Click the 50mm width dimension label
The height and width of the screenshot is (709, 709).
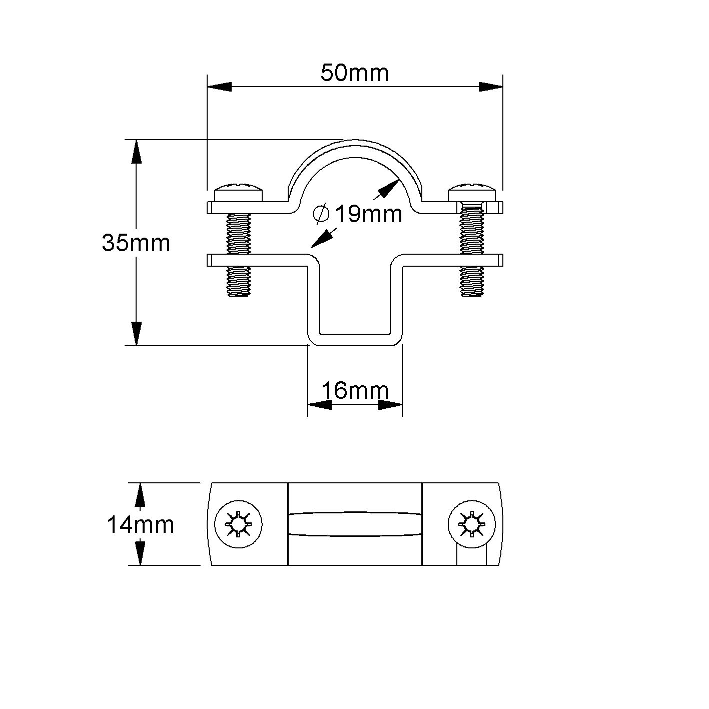click(x=354, y=73)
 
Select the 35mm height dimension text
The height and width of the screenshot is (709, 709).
click(x=136, y=243)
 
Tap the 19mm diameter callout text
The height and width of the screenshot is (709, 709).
click(x=368, y=215)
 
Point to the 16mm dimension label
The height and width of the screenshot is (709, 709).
click(x=355, y=390)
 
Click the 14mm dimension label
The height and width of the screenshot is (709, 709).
click(x=140, y=525)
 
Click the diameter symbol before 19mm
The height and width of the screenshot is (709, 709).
click(x=321, y=214)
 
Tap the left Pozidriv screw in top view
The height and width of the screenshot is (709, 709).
click(x=238, y=524)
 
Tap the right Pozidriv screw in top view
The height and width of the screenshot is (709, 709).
click(x=471, y=524)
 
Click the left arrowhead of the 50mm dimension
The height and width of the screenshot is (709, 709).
click(x=219, y=87)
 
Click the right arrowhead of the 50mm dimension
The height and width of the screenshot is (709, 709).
click(x=490, y=87)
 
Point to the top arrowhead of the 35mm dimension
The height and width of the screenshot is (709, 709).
click(x=136, y=151)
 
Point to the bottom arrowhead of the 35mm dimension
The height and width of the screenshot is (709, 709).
click(x=136, y=333)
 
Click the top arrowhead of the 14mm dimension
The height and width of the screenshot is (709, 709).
click(x=141, y=495)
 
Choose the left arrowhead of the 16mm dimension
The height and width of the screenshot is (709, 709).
click(x=319, y=405)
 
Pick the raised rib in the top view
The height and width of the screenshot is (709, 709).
click(x=355, y=524)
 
